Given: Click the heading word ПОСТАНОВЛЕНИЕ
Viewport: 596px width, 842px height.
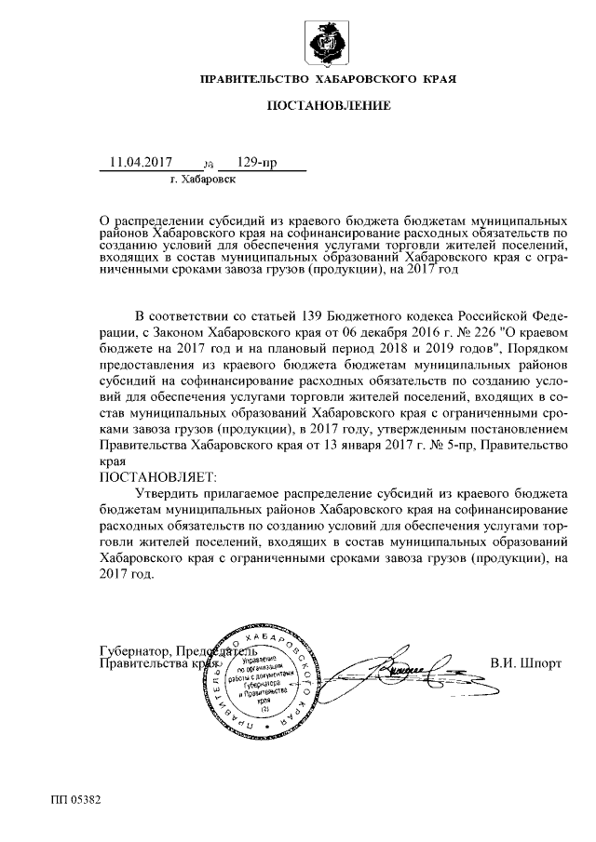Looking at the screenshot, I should pyautogui.click(x=329, y=106).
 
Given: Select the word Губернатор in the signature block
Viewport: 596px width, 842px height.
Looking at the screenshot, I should pyautogui.click(x=134, y=649).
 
